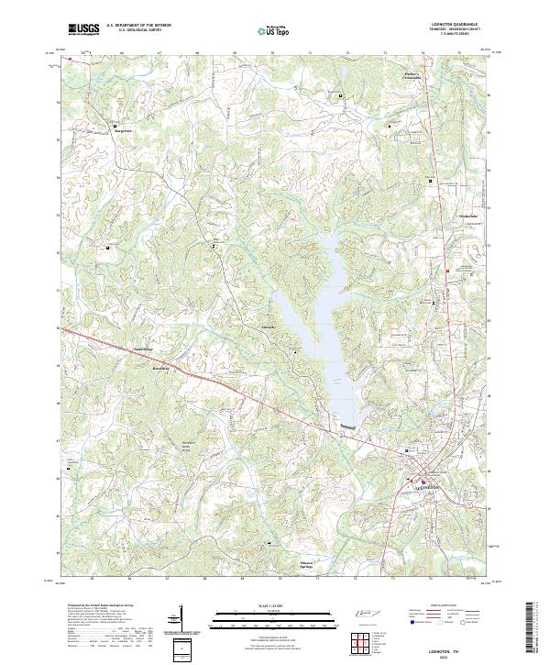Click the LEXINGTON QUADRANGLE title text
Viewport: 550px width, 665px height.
pyautogui.click(x=448, y=25)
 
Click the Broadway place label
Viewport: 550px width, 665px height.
pyautogui.click(x=160, y=364)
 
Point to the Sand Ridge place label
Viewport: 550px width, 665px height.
pyautogui.click(x=142, y=350)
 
